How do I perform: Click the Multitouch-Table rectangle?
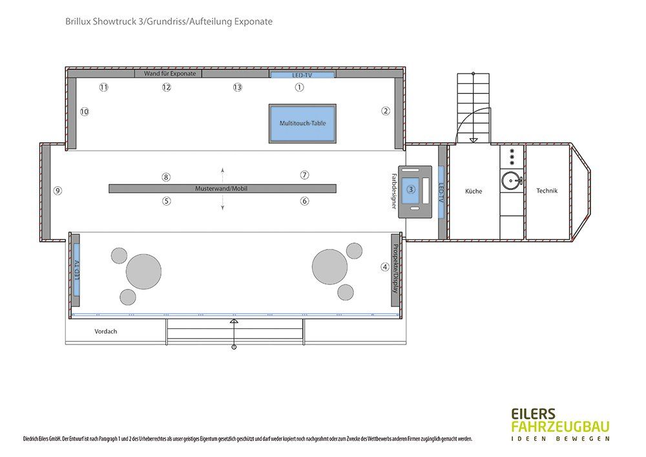302,123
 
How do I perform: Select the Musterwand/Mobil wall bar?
222,188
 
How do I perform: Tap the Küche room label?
474,191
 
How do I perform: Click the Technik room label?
547,191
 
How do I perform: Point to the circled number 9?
57,191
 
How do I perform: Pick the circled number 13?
237,87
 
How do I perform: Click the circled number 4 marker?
385,267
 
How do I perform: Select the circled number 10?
85,112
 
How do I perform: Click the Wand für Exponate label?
170,73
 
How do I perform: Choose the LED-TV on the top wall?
302,75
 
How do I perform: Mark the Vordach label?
106,332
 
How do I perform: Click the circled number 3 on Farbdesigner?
411,189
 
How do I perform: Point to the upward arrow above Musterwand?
222,175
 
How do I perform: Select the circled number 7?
304,175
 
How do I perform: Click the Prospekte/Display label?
395,269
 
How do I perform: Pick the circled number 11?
104,87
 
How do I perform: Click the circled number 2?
386,111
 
